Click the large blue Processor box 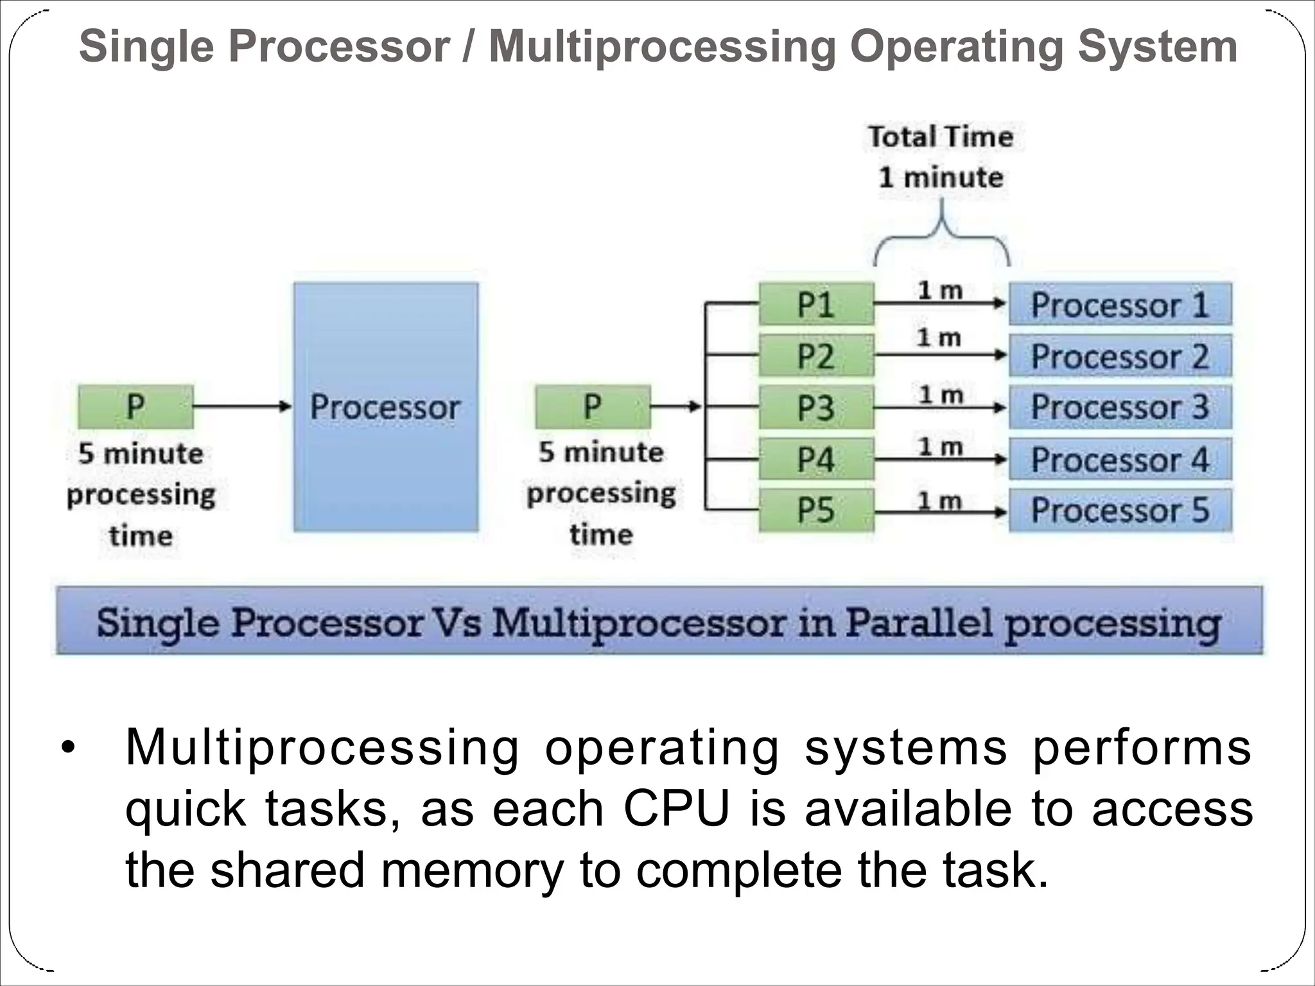[386, 407]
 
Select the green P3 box [816, 407]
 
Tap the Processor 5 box [1120, 510]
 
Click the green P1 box [816, 304]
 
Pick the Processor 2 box [1120, 356]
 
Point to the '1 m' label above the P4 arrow [940, 446]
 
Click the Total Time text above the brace [941, 137]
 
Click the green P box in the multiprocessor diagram [592, 406]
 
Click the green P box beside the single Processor [135, 406]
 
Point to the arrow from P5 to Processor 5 [940, 512]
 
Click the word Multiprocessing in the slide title [662, 48]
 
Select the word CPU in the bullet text [677, 809]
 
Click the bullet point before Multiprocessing [67, 748]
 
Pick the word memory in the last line [471, 870]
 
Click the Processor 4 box [1120, 459]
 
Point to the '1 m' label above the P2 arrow [939, 338]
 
